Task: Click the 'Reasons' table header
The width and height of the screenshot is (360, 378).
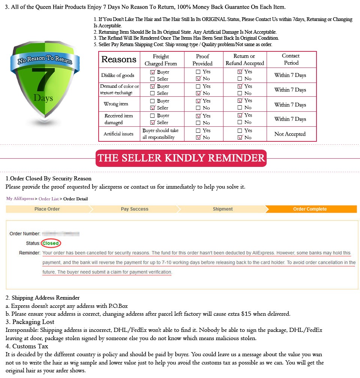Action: [x=119, y=60]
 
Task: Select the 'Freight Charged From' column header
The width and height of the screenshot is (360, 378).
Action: [x=161, y=60]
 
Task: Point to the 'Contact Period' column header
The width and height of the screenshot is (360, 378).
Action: [x=291, y=59]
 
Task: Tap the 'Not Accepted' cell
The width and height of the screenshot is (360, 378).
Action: [x=290, y=134]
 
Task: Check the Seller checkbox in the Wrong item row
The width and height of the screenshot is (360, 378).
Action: [x=153, y=108]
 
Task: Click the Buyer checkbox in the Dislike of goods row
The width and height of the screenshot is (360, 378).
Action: [x=153, y=72]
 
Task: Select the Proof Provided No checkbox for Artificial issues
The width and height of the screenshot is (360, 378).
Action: [x=198, y=138]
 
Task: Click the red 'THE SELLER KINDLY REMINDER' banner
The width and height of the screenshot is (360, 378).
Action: [x=181, y=158]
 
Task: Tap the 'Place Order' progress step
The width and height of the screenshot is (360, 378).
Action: [x=47, y=209]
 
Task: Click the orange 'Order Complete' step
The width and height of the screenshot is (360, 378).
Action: [x=310, y=209]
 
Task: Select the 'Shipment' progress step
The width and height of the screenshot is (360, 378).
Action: [x=223, y=209]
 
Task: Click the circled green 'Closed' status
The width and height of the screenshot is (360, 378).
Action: [x=51, y=243]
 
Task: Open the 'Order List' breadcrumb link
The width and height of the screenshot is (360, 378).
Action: [x=48, y=199]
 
